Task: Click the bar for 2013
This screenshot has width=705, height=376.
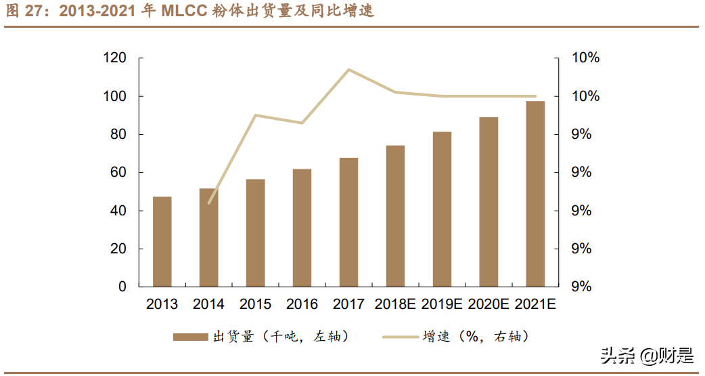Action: (162, 242)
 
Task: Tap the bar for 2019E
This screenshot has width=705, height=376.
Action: (442, 209)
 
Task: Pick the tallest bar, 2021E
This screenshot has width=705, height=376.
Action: (535, 194)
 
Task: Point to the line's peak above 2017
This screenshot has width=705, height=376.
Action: (348, 69)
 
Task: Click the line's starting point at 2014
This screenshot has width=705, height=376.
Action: (209, 203)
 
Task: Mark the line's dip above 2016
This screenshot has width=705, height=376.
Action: (302, 123)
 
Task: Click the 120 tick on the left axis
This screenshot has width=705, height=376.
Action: (114, 58)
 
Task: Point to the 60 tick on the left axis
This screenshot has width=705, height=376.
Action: (118, 173)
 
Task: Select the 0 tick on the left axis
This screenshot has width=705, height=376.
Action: (122, 287)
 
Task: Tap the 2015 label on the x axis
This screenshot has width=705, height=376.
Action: (255, 304)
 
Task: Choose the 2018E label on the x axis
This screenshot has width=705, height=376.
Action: (395, 304)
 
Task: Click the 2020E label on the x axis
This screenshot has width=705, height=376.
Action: (488, 304)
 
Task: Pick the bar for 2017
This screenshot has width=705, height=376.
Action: (348, 222)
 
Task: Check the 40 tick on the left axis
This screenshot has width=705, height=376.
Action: (118, 211)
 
